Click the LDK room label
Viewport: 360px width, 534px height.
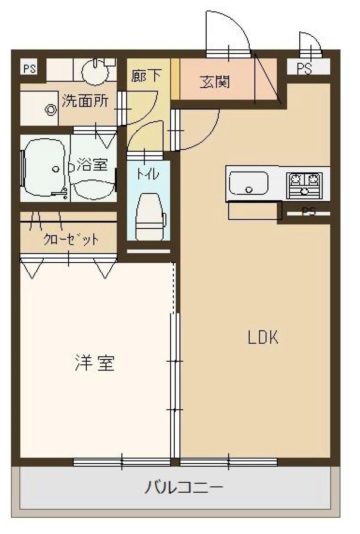click(x=263, y=337)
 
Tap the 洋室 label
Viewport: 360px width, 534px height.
click(x=95, y=363)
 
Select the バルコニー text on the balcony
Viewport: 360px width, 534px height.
click(x=184, y=488)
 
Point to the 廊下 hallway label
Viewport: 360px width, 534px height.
click(x=146, y=76)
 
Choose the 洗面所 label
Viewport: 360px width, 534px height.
click(x=85, y=101)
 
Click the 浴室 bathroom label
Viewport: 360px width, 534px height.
click(x=92, y=164)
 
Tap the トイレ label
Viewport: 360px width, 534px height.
click(x=148, y=173)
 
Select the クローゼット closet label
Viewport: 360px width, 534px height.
click(x=71, y=239)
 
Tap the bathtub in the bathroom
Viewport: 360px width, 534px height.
click(x=44, y=168)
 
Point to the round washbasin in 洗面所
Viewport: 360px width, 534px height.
click(x=95, y=72)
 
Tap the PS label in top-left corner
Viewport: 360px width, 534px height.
click(x=29, y=69)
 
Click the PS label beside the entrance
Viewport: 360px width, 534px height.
click(x=304, y=69)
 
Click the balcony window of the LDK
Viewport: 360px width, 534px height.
click(x=229, y=462)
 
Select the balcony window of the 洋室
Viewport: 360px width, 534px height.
click(x=122, y=462)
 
